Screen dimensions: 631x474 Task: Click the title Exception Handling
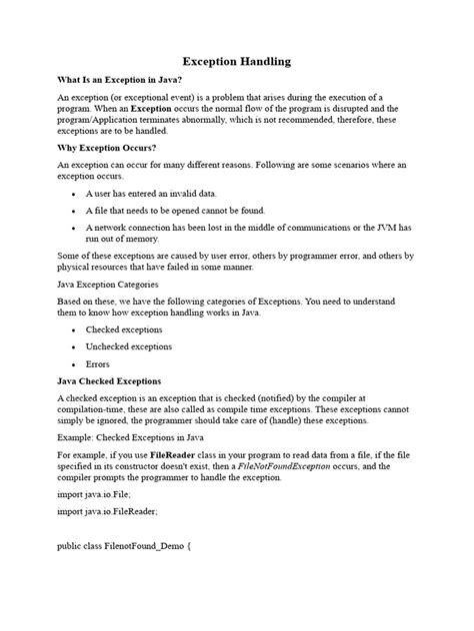[237, 61]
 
